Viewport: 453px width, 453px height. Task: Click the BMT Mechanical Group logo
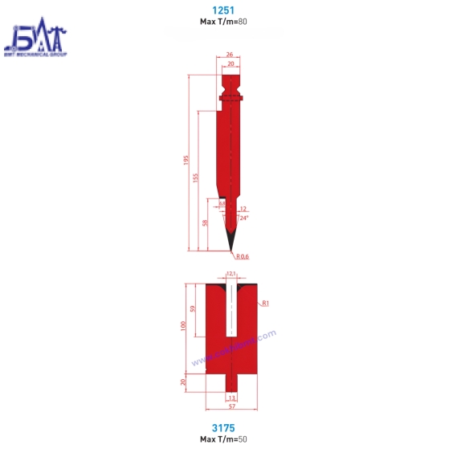(36, 41)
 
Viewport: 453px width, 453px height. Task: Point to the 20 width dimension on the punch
(231, 64)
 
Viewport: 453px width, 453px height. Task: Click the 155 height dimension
(195, 178)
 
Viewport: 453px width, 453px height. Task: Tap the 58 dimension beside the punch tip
(206, 224)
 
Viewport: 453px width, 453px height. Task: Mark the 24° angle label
(243, 218)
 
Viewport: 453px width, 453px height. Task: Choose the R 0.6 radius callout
(243, 257)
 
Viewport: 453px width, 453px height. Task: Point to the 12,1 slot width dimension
(231, 275)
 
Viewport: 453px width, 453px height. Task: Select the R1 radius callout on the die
(264, 303)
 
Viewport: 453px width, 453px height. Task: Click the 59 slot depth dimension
(193, 308)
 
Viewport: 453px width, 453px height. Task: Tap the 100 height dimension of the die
(182, 326)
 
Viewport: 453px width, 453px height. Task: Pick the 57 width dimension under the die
(231, 407)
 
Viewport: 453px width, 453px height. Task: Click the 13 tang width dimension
(231, 398)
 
